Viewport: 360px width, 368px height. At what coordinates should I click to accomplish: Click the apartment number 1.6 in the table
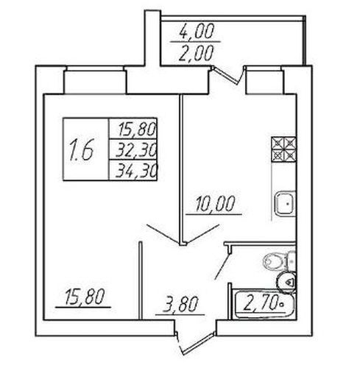pyautogui.click(x=82, y=149)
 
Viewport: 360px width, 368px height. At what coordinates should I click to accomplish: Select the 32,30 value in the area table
pyautogui.click(x=135, y=150)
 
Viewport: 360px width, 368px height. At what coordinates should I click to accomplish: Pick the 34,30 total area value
pyautogui.click(x=135, y=171)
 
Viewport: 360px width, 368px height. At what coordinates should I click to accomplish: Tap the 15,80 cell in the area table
pyautogui.click(x=137, y=130)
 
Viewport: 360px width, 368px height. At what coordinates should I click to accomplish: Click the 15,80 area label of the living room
pyautogui.click(x=85, y=297)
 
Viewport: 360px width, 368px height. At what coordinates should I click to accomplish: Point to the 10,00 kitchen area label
pyautogui.click(x=215, y=204)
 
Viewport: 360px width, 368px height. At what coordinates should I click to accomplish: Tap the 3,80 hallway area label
pyautogui.click(x=180, y=304)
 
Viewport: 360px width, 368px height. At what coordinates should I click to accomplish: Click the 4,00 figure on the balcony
pyautogui.click(x=197, y=31)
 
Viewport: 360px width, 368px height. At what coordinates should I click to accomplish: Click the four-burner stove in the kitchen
pyautogui.click(x=283, y=149)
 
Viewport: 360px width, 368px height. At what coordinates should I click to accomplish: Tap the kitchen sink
pyautogui.click(x=285, y=203)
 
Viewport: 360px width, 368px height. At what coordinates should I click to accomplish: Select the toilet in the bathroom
pyautogui.click(x=279, y=261)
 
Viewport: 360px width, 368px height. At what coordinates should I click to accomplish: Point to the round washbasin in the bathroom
pyautogui.click(x=286, y=283)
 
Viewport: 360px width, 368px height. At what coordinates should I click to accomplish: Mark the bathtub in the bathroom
pyautogui.click(x=264, y=304)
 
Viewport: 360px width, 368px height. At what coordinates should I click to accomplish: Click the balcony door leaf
pyautogui.click(x=226, y=75)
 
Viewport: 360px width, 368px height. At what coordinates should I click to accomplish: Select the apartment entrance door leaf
pyautogui.click(x=197, y=344)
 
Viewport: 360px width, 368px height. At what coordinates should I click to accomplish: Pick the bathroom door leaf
pyautogui.click(x=222, y=266)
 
